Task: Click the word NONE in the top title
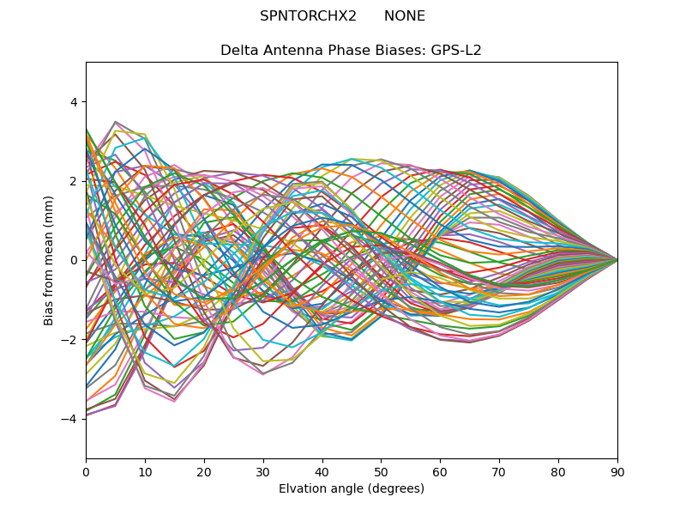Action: click(405, 16)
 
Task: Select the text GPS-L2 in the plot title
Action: click(457, 50)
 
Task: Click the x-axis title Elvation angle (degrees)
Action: click(351, 488)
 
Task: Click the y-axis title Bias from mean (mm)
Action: click(49, 260)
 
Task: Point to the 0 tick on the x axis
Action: click(86, 471)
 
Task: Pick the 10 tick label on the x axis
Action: click(145, 471)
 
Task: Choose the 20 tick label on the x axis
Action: click(204, 471)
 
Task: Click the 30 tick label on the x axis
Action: click(263, 471)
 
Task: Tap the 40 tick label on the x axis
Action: click(322, 471)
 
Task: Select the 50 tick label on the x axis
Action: click(381, 471)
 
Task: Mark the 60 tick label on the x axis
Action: click(440, 471)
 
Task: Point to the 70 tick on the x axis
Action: click(499, 471)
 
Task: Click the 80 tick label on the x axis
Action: click(558, 471)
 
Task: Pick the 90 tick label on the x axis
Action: click(617, 471)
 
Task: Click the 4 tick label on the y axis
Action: click(74, 102)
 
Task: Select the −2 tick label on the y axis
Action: click(70, 339)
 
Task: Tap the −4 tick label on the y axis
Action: click(70, 418)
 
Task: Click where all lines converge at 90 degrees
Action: click(617, 260)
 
